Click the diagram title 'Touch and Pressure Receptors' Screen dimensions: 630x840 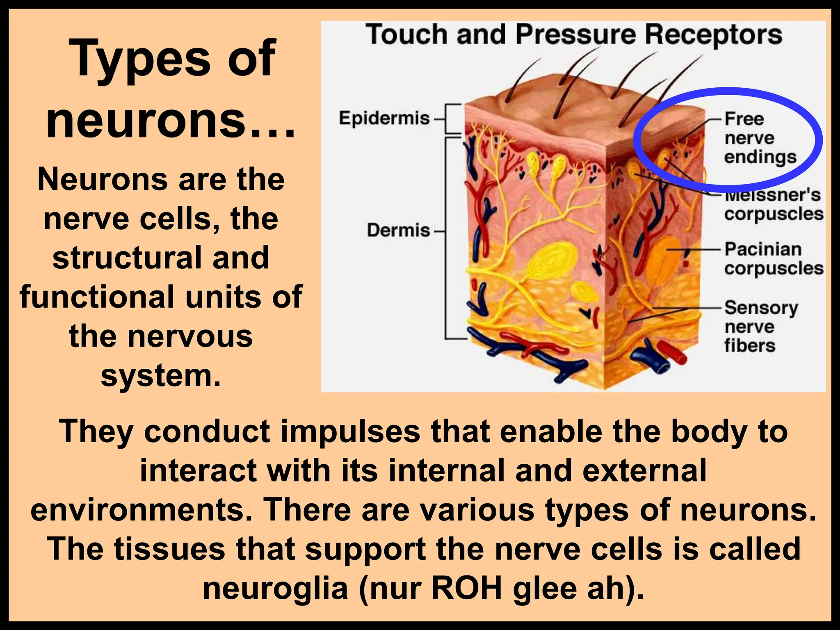point(574,34)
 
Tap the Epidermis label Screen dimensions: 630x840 point(384,119)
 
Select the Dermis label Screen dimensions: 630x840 point(398,231)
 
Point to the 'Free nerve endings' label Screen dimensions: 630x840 point(760,138)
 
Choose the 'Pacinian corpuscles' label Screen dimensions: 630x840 point(774,259)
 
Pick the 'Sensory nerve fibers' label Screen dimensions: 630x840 point(761,326)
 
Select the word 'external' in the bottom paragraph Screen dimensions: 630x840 point(644,471)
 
